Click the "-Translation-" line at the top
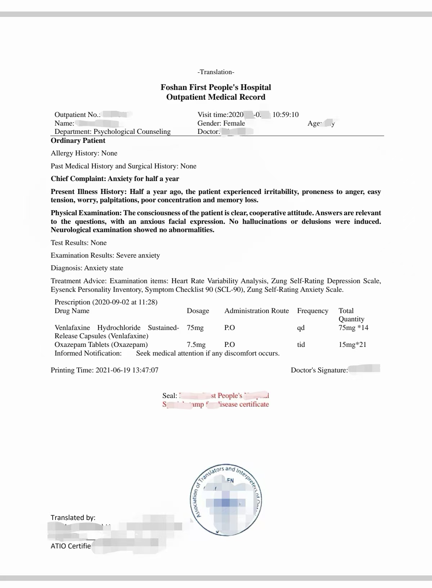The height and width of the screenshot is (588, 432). click(216, 72)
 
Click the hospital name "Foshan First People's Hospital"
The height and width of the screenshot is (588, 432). click(216, 87)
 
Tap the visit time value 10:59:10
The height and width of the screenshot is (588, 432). click(285, 114)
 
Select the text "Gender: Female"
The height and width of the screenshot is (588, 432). click(221, 123)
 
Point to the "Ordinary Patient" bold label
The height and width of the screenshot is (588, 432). click(78, 140)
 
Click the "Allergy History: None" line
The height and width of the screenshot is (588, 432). click(84, 153)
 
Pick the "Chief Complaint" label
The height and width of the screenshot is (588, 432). click(78, 179)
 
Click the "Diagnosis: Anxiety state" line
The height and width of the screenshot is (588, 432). click(87, 268)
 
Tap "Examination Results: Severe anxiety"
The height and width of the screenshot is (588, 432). click(105, 255)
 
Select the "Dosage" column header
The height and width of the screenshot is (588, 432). click(198, 311)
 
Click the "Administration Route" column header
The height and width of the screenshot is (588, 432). click(256, 311)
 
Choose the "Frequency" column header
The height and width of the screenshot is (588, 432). click(312, 311)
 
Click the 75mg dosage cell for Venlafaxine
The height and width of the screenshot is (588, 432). click(195, 327)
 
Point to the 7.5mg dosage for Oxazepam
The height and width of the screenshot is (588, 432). click(196, 344)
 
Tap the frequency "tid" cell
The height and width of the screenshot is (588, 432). click(301, 344)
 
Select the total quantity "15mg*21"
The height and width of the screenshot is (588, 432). click(352, 344)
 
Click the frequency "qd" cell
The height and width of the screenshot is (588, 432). click(301, 327)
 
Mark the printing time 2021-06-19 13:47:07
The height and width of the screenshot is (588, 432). click(127, 370)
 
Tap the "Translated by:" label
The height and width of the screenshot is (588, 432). click(73, 517)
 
